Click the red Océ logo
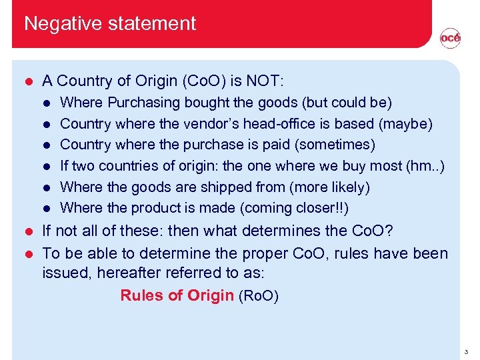(450, 39)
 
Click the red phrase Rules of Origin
(177, 295)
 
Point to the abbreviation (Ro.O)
(258, 295)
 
